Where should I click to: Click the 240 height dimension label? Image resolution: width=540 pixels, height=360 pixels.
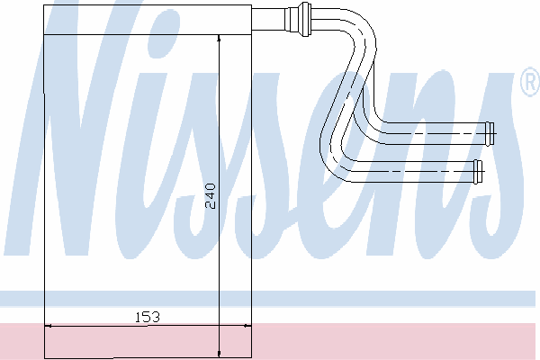click(x=210, y=196)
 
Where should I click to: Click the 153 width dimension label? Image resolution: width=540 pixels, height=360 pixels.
click(x=147, y=317)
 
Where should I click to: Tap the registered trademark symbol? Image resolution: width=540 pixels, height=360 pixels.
click(x=531, y=82)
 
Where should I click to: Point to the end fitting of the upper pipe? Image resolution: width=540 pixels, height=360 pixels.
click(x=490, y=133)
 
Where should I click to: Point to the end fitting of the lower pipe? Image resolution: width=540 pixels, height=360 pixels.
click(x=478, y=172)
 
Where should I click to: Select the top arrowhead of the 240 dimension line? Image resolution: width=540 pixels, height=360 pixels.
click(x=219, y=39)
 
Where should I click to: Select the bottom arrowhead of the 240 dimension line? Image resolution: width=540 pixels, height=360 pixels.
click(x=219, y=354)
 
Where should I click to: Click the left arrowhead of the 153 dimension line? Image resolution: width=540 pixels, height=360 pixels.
click(x=49, y=326)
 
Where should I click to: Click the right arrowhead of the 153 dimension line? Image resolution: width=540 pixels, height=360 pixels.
click(x=247, y=326)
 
